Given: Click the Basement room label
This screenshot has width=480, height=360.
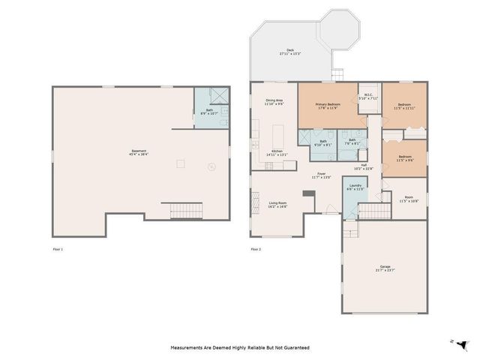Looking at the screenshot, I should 139,153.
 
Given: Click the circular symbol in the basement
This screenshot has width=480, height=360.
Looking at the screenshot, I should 212,167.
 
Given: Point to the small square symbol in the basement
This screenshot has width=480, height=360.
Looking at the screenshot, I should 180,163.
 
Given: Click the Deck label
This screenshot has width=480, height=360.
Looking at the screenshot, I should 290,52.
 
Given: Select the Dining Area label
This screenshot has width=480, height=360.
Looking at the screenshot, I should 274,102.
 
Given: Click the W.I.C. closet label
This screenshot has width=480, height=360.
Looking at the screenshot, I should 368,96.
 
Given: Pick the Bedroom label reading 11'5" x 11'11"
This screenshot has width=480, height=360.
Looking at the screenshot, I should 404,106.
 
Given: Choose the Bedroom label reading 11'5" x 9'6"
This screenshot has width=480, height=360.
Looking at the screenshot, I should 404,158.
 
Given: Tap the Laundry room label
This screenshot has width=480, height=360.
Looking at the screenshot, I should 355,187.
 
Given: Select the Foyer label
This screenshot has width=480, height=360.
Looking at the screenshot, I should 321,175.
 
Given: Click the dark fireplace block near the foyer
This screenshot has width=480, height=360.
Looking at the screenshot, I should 307,193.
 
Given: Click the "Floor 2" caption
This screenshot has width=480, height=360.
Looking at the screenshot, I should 256,248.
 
